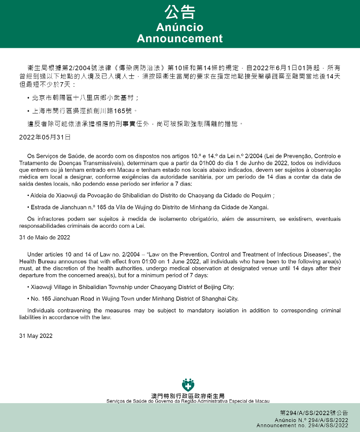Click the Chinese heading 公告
coord(179,12)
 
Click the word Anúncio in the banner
coord(179,27)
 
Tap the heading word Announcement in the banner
coord(179,39)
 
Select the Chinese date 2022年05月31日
coord(45,137)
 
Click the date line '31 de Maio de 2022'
coord(45,237)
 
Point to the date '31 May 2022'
coord(35,336)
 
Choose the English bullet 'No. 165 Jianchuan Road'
coord(134,299)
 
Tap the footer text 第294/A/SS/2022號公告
coord(314,413)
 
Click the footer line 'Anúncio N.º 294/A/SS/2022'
coord(311,420)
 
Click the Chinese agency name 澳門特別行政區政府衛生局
coord(188,395)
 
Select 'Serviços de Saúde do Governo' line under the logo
coord(188,401)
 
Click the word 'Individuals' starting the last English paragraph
coord(40,310)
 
